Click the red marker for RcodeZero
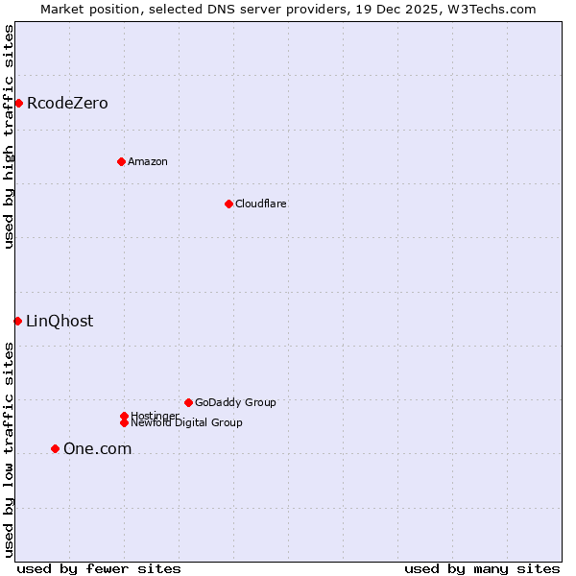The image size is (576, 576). point(18,103)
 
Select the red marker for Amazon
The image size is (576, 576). point(121,161)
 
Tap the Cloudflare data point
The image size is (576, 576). point(228,204)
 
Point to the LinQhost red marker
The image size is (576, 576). point(17,321)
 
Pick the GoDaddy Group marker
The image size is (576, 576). point(188,402)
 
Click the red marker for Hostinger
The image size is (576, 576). point(124,416)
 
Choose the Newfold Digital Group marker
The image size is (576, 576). point(124,422)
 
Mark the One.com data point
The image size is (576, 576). point(55,448)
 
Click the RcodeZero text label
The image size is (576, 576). point(67,103)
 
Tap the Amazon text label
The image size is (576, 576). point(148,161)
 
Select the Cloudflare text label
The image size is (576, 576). point(261,204)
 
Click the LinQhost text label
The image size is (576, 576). point(60,321)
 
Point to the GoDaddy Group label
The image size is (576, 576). point(235,402)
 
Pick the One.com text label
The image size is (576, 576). point(97,448)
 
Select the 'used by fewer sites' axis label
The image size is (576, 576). point(99,568)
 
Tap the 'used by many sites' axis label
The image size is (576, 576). point(482,568)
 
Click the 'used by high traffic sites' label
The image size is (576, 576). point(9,136)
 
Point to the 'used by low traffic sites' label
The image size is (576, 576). point(9,449)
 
